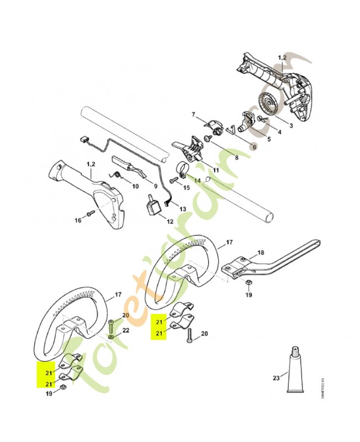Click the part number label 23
(276, 378)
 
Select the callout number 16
(78, 220)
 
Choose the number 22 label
(125, 330)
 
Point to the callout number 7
(194, 114)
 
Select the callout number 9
(156, 186)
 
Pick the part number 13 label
(183, 209)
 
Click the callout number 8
(236, 157)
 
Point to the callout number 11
(216, 170)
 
